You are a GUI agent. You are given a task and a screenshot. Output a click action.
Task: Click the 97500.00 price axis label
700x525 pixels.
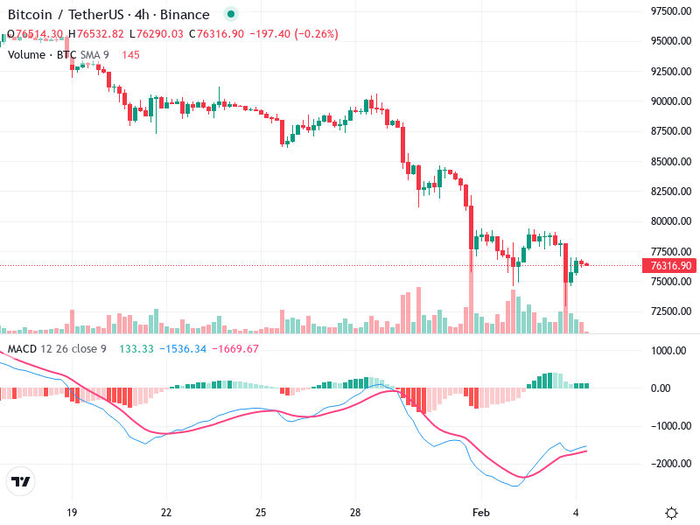coord(671,10)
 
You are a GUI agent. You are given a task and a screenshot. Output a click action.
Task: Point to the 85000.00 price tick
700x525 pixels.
coord(671,162)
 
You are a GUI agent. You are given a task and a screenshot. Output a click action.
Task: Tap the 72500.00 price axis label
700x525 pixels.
coord(671,311)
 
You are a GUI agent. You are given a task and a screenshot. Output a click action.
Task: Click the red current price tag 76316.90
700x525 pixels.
coord(671,266)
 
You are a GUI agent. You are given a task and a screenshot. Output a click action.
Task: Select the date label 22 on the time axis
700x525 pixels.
coord(166,512)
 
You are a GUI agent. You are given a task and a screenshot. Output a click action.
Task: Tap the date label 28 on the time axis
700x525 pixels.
coord(355,512)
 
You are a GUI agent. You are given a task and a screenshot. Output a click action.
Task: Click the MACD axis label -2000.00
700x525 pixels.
coord(671,463)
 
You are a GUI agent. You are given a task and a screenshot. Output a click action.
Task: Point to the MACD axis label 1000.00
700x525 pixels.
coord(671,351)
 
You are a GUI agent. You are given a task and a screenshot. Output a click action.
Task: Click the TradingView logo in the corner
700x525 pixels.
coord(20,481)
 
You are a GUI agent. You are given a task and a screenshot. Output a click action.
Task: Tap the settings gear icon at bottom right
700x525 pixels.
coord(671,513)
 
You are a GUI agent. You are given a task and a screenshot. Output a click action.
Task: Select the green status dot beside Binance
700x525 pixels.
coord(230,14)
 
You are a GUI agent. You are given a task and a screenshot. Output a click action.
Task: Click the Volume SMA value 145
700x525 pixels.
coord(130,54)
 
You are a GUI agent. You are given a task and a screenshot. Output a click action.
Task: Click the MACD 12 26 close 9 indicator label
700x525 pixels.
coord(57,349)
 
